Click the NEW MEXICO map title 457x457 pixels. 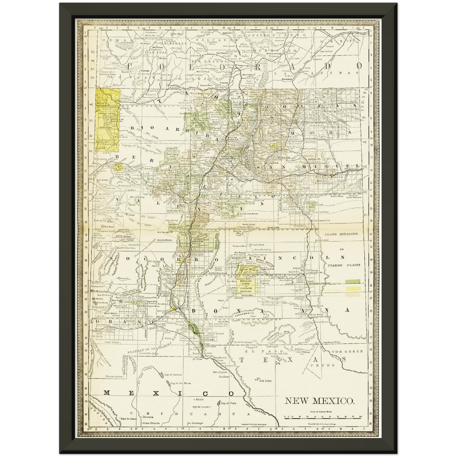[320, 401]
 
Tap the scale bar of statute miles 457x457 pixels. [322, 418]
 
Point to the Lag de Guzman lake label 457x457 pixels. [173, 375]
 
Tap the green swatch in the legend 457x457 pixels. [353, 281]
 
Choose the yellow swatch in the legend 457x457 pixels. [353, 289]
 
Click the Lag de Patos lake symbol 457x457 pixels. [219, 404]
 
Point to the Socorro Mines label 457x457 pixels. [165, 240]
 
